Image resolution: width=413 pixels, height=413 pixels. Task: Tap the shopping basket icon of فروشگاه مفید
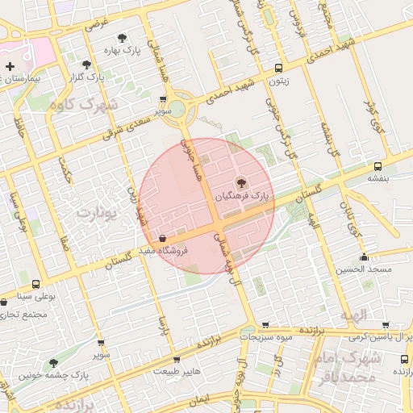pyautogui.click(x=164, y=239)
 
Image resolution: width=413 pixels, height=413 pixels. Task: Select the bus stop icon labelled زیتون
pyautogui.click(x=278, y=69)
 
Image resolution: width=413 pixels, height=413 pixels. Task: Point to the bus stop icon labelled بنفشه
pyautogui.click(x=378, y=165)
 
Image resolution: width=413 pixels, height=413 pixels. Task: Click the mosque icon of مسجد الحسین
pyautogui.click(x=365, y=258)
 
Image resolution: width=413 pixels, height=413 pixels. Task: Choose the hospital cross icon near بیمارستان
pyautogui.click(x=9, y=66)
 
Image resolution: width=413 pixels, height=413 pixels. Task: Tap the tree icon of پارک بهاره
pyautogui.click(x=122, y=38)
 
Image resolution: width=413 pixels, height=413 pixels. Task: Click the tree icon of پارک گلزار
pyautogui.click(x=86, y=65)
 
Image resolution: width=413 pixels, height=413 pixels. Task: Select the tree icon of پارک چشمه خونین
pyautogui.click(x=53, y=364)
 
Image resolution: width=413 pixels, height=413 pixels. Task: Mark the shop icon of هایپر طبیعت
pyautogui.click(x=177, y=360)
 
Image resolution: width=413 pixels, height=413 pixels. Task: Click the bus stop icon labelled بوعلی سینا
pyautogui.click(x=35, y=285)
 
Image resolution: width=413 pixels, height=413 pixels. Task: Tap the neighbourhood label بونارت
pyautogui.click(x=96, y=213)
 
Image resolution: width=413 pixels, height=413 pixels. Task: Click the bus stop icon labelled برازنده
pyautogui.click(x=404, y=359)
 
